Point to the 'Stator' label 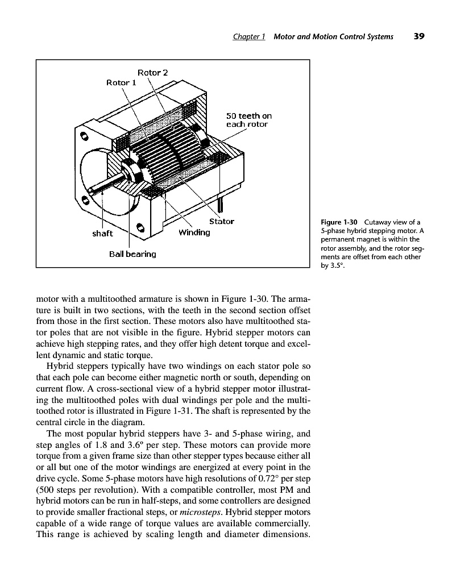[221, 221]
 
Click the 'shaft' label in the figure [102, 233]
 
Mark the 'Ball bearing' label [132, 253]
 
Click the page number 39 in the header [419, 36]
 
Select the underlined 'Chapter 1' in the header [250, 37]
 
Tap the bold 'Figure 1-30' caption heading [339, 222]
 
